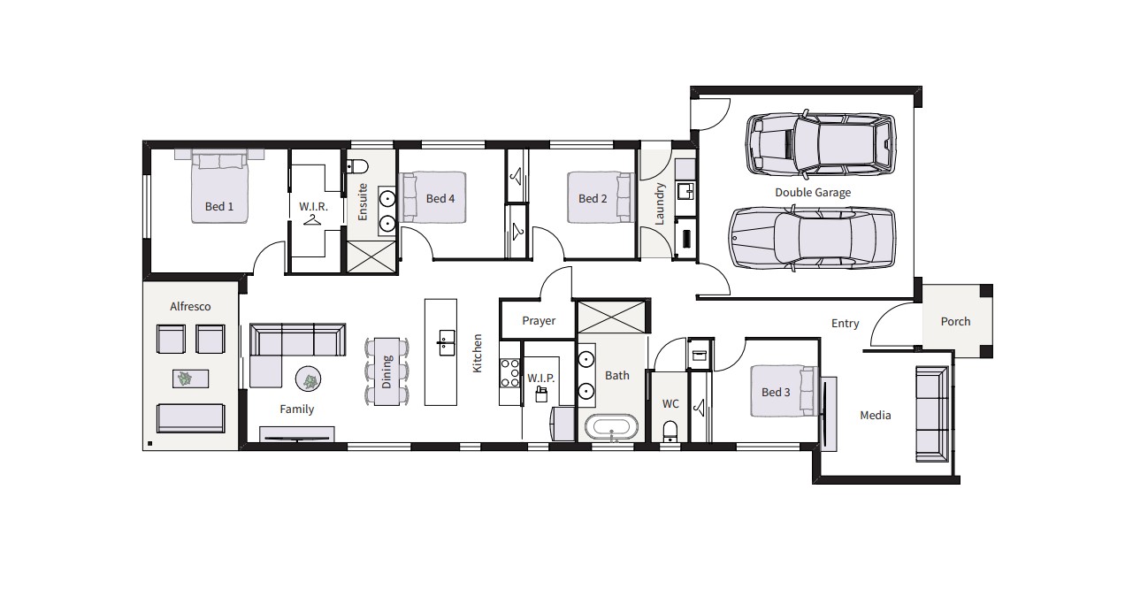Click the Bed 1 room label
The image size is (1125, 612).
(219, 206)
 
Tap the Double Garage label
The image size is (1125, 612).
(813, 192)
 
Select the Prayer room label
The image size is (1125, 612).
(539, 321)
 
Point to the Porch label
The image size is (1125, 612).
(955, 321)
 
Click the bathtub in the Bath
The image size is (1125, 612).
(611, 427)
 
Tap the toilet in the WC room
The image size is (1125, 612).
(670, 432)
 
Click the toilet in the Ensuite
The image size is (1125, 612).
(357, 166)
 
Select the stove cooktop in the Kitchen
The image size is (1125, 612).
(509, 373)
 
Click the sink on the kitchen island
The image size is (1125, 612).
(446, 343)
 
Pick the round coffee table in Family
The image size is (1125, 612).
(308, 379)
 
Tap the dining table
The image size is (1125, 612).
(386, 371)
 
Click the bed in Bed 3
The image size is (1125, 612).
(783, 391)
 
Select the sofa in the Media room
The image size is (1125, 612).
(932, 414)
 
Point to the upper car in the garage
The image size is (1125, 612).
(820, 143)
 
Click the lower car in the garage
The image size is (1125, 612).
(812, 238)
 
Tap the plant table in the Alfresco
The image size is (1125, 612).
(190, 379)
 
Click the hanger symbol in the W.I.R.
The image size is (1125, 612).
(312, 220)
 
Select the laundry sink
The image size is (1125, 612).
(685, 191)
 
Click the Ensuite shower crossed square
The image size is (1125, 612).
(371, 256)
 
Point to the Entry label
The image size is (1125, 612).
(845, 324)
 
